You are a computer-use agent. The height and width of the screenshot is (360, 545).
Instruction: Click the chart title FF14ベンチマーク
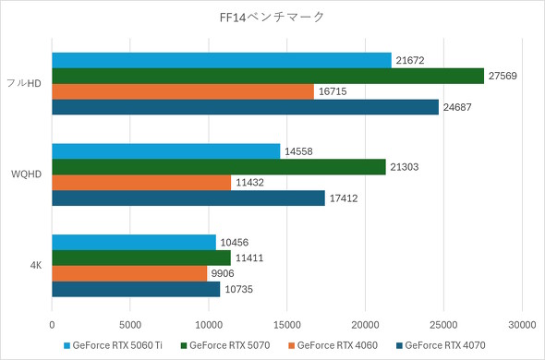click(272, 17)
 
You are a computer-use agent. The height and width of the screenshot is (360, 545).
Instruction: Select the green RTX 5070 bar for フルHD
click(268, 76)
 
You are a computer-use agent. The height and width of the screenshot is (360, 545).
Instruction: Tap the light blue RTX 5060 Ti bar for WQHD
click(166, 151)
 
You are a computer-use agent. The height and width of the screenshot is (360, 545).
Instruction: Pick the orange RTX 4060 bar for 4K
click(129, 274)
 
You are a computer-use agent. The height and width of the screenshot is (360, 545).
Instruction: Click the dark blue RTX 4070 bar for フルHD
click(245, 107)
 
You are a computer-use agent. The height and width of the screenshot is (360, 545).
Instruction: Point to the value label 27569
click(504, 76)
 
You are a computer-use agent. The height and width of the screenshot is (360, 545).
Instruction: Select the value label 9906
click(224, 274)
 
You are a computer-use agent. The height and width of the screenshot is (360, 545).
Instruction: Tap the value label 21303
click(406, 167)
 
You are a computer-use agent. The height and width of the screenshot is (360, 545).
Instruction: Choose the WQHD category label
click(26, 175)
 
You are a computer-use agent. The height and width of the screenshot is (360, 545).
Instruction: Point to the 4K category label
click(36, 266)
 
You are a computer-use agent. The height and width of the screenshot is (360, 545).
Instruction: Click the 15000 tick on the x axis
click(287, 325)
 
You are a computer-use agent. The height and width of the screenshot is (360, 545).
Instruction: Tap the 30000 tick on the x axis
click(522, 325)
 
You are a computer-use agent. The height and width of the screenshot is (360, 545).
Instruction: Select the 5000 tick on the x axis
click(130, 325)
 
